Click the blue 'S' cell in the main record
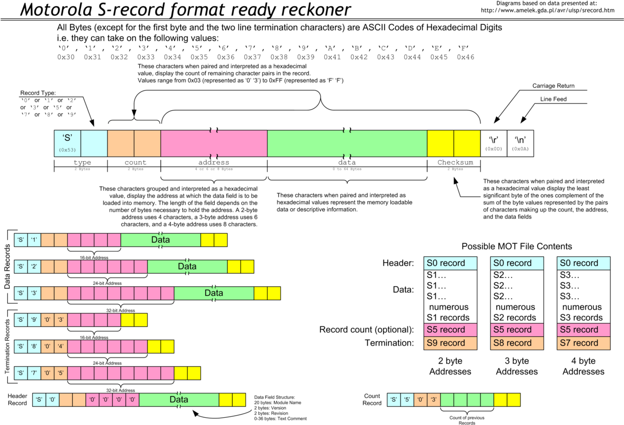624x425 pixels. [68, 143]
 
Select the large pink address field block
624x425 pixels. [214, 143]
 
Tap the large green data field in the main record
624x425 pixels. [347, 143]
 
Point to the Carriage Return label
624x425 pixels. [551, 85]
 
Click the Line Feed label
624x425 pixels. [553, 98]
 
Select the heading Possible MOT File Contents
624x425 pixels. [517, 246]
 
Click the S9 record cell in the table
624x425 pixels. [450, 343]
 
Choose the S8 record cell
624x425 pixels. [517, 343]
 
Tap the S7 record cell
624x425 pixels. [583, 343]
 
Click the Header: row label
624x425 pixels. [398, 263]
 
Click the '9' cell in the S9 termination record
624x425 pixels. [34, 320]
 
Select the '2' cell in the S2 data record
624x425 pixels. [34, 267]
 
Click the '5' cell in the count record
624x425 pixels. [407, 400]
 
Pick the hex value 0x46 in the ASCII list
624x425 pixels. [465, 57]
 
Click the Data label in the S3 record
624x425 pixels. [214, 293]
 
